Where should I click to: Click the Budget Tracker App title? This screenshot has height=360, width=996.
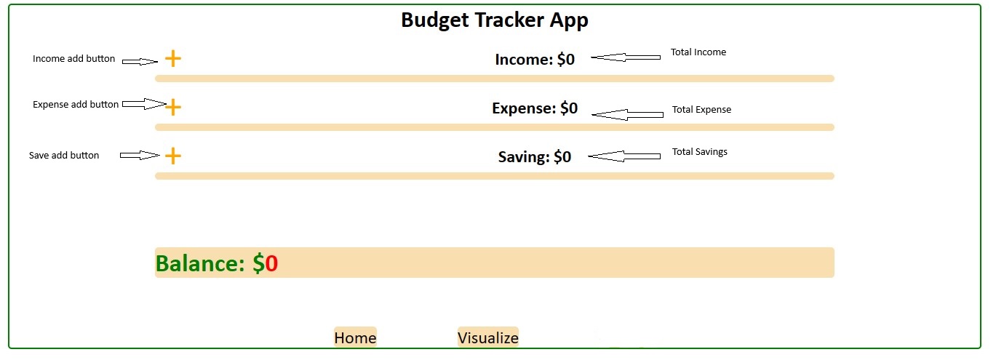(495, 20)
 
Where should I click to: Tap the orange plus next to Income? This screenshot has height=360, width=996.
(173, 59)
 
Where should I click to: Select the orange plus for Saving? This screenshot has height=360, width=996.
(173, 156)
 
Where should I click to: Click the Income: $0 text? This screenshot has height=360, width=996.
(535, 59)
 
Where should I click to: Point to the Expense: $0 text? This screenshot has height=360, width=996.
(535, 108)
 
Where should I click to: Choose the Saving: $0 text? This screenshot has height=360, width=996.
(535, 157)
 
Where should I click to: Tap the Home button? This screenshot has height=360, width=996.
(355, 337)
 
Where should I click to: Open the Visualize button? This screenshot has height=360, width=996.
(488, 337)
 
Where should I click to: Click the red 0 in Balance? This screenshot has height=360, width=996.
(271, 263)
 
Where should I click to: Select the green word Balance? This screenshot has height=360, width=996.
(200, 263)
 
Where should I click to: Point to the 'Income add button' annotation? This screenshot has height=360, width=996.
(73, 59)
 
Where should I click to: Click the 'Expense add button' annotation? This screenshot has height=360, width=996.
(76, 105)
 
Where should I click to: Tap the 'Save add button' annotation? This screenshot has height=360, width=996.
(64, 155)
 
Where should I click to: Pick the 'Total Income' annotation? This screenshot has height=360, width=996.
(698, 52)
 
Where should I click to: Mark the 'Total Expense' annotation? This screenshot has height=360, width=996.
(701, 109)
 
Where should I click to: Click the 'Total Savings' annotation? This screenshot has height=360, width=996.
(700, 151)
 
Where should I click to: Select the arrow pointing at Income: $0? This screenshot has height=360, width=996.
(626, 57)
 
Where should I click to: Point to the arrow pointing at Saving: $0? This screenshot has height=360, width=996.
(624, 156)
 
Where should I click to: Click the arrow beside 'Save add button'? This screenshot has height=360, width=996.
(140, 155)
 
